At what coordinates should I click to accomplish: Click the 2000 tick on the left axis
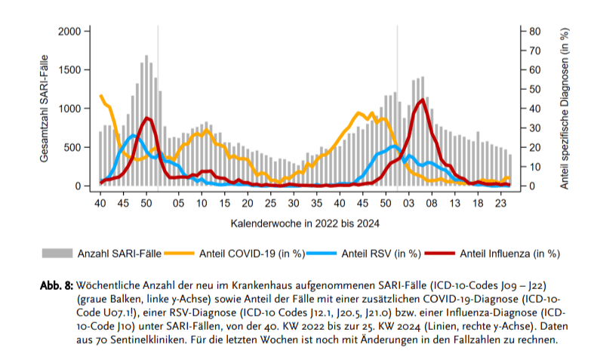pyautogui.click(x=69, y=31)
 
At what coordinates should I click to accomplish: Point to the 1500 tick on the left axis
pyautogui.click(x=69, y=69)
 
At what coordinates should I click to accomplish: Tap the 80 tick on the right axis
pyautogui.click(x=534, y=31)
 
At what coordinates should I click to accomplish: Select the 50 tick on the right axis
pyautogui.click(x=534, y=89)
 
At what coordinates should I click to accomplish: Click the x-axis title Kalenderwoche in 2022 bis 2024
pyautogui.click(x=305, y=223)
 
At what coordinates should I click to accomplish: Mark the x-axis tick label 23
pyautogui.click(x=500, y=203)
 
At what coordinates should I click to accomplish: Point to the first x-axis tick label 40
pyautogui.click(x=100, y=203)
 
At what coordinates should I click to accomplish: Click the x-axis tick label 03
pyautogui.click(x=408, y=203)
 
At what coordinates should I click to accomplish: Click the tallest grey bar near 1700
pyautogui.click(x=146, y=121)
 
